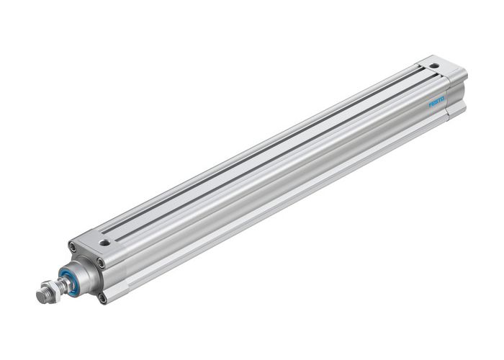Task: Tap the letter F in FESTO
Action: click(431, 105)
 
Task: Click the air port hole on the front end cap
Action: click(105, 243)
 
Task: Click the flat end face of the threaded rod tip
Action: click(40, 296)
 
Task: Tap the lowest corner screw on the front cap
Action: click(102, 296)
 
